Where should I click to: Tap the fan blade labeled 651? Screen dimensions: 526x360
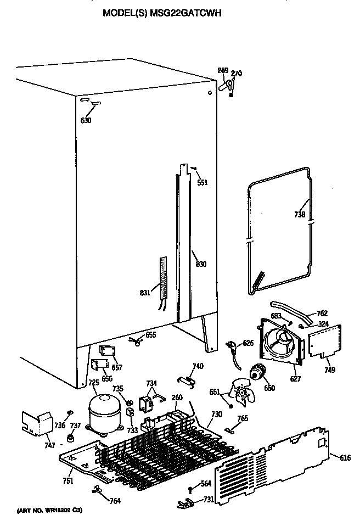click(240, 391)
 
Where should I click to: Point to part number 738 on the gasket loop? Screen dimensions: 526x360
click(300, 215)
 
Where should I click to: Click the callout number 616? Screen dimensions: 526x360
click(345, 457)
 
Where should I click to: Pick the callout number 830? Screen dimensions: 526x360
click(201, 265)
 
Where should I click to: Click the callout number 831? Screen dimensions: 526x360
click(144, 293)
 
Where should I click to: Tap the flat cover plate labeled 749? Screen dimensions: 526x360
click(325, 342)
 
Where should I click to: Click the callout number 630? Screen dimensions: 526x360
click(86, 120)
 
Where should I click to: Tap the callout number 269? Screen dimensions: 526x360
click(223, 70)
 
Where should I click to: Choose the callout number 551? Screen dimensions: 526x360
click(203, 182)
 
